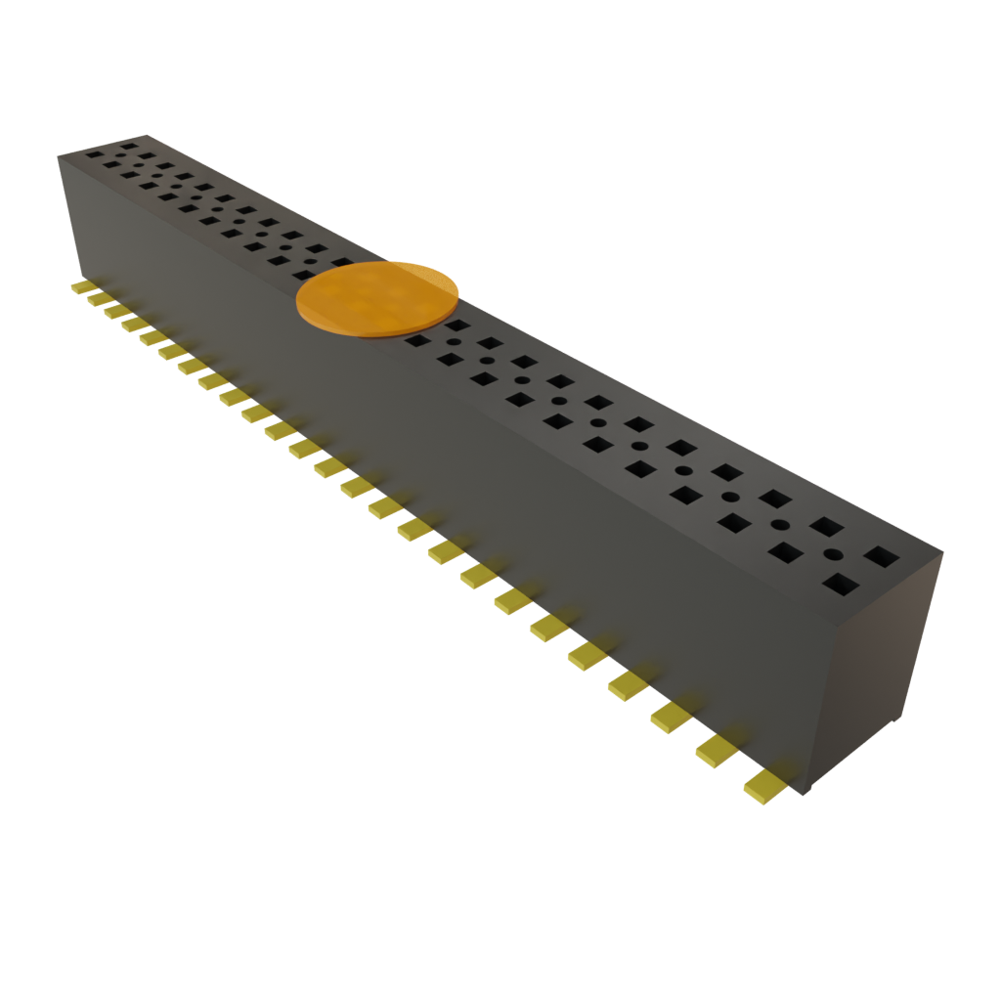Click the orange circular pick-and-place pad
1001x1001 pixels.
point(377,298)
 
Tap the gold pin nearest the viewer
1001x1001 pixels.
point(762,786)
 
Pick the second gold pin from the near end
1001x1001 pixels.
point(717,751)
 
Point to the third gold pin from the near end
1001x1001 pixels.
point(671,718)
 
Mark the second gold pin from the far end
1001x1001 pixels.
point(99,299)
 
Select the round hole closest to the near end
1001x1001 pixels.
point(833,554)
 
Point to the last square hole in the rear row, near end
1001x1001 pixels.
point(881,557)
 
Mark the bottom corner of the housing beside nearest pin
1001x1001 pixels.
point(804,792)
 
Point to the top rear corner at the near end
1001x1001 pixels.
point(942,553)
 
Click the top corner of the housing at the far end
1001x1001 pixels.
point(147,135)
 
